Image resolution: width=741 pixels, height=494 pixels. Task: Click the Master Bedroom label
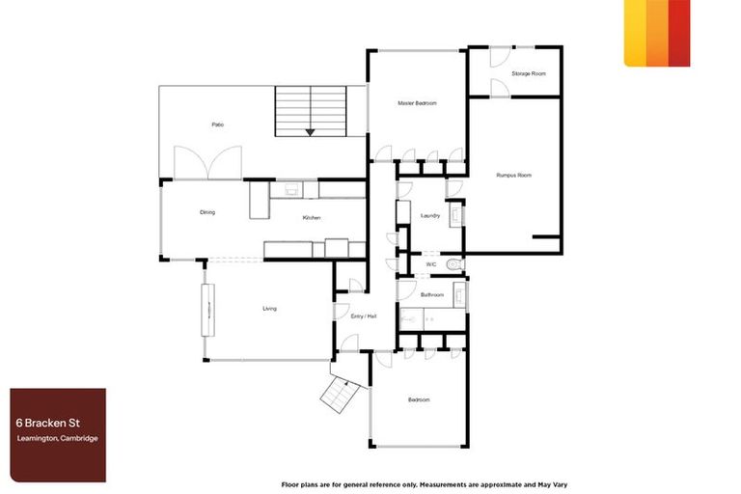418,103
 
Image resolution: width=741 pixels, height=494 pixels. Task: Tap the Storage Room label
529,73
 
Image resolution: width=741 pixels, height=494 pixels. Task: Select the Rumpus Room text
513,175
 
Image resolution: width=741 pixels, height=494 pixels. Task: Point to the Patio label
218,124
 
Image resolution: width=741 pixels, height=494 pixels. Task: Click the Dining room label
207,212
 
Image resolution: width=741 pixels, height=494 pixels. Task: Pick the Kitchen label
312,218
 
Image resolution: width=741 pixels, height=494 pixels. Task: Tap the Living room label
270,309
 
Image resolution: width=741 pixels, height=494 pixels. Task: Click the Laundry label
430,216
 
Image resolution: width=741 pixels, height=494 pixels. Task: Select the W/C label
431,263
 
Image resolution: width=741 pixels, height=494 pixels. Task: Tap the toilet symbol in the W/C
455,263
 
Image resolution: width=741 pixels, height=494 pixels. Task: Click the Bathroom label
432,294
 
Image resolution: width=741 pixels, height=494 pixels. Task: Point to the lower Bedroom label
418,399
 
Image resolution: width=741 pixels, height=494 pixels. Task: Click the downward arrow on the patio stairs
309,132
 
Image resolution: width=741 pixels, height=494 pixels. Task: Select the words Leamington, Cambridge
57,439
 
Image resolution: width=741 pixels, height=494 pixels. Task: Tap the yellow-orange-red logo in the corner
656,33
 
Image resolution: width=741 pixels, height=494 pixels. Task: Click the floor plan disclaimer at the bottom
416,482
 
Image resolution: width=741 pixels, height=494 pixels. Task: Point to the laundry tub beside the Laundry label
457,215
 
